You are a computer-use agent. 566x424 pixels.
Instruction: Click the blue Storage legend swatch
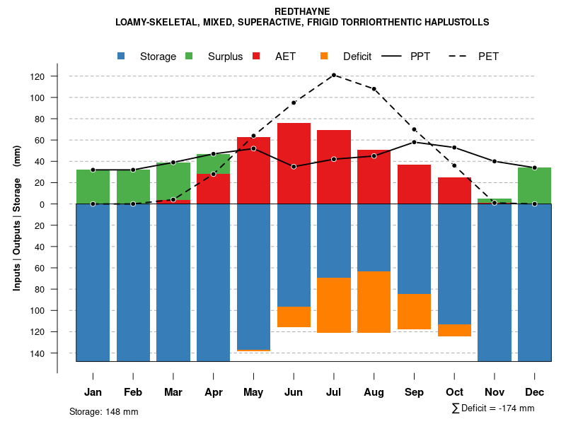(122, 56)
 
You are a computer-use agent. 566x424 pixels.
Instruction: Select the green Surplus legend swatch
(189, 56)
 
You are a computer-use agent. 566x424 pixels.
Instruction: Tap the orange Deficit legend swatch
(324, 56)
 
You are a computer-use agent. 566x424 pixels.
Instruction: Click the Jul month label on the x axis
(334, 392)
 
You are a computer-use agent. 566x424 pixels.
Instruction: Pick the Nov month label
(495, 392)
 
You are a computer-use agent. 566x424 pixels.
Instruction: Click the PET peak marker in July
(334, 75)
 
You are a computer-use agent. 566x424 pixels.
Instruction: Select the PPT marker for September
(414, 142)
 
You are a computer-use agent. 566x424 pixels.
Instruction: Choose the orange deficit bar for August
(374, 302)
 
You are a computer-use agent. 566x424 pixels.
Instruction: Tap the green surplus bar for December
(534, 185)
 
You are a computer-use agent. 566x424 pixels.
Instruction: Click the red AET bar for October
(454, 190)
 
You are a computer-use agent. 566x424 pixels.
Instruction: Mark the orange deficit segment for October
(454, 330)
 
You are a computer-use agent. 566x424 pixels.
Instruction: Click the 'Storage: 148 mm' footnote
(104, 411)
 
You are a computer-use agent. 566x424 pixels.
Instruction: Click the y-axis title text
(16, 218)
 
